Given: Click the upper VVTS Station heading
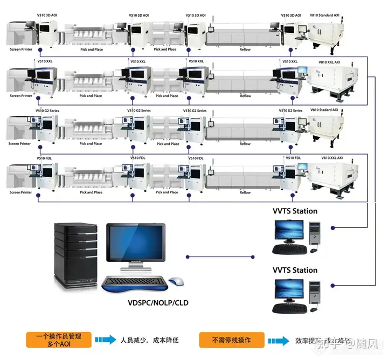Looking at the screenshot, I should pyautogui.click(x=295, y=211).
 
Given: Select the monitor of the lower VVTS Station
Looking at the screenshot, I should pyautogui.click(x=288, y=290).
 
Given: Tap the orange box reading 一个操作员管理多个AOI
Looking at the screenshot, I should pyautogui.click(x=57, y=340).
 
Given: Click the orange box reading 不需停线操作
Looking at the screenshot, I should pyautogui.click(x=231, y=340).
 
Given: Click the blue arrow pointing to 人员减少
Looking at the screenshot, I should pyautogui.click(x=106, y=340).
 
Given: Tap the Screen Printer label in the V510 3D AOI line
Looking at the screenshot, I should pyautogui.click(x=20, y=50).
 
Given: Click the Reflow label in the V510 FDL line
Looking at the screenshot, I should pyautogui.click(x=245, y=192).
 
